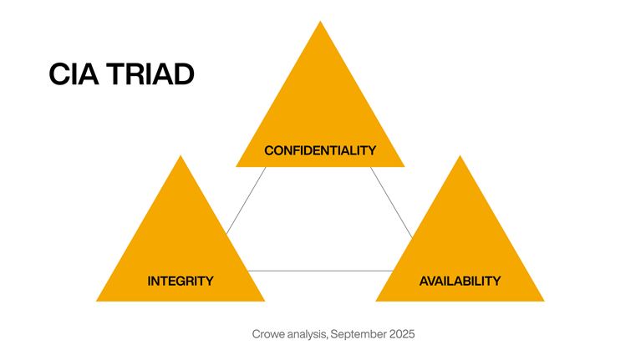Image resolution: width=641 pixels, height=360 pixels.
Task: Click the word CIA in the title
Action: tap(74, 74)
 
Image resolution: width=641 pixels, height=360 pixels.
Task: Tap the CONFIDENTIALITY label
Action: tap(320, 150)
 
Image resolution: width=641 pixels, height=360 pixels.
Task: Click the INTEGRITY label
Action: tap(180, 281)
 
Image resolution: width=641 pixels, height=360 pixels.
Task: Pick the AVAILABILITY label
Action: tap(460, 281)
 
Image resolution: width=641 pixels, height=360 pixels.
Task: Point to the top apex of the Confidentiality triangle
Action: tap(320, 23)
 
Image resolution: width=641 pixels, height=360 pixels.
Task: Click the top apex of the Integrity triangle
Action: tap(181, 157)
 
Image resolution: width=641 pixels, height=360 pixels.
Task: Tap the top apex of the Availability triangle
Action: tap(460, 157)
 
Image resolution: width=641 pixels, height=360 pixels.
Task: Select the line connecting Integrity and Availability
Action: tap(320, 271)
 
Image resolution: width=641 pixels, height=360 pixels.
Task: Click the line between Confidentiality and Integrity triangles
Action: tap(247, 200)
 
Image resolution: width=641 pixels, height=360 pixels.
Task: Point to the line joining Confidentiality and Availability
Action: tap(392, 200)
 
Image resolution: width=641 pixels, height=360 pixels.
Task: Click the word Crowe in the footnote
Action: tap(268, 334)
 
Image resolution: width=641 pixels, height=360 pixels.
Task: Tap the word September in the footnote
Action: tap(359, 334)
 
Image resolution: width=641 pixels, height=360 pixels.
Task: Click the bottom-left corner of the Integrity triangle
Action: tap(98, 300)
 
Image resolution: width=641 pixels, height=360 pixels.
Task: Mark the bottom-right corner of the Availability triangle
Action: tap(543, 300)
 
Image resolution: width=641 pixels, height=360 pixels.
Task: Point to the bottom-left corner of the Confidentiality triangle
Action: tap(237, 165)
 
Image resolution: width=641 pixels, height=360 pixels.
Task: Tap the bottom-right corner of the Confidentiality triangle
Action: tap(404, 165)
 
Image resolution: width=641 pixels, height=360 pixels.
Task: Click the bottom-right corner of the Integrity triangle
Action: tap(263, 300)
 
